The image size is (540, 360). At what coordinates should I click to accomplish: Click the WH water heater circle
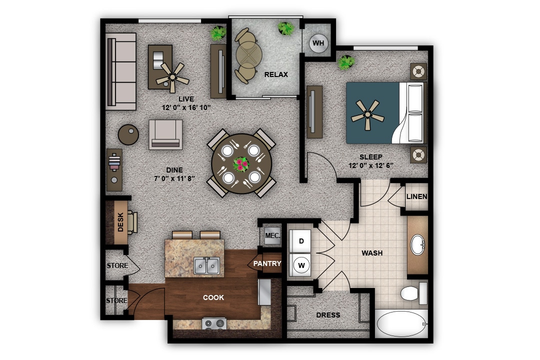coord(318,43)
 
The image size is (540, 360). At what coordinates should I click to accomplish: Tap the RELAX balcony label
coord(276,74)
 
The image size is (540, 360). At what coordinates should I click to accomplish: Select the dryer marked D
coord(301,241)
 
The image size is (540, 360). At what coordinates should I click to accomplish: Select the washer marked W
coord(301,265)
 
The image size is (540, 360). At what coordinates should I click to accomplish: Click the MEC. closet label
coord(272,235)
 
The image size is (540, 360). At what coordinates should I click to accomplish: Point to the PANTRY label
coord(267,263)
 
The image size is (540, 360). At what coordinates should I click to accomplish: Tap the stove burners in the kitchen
coord(214,323)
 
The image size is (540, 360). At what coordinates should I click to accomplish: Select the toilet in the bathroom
coord(412,293)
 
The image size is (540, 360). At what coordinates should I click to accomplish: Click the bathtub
coord(402,324)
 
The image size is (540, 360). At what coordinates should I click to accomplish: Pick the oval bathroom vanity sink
coord(418,245)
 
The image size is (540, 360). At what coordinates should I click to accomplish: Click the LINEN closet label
coord(416,196)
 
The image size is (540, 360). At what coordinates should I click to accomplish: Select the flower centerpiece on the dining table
coord(241,163)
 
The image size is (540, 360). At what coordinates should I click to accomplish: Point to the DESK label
coord(120,222)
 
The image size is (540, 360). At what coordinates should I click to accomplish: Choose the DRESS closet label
coord(328,315)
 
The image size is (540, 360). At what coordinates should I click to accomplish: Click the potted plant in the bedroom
coord(346,62)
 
